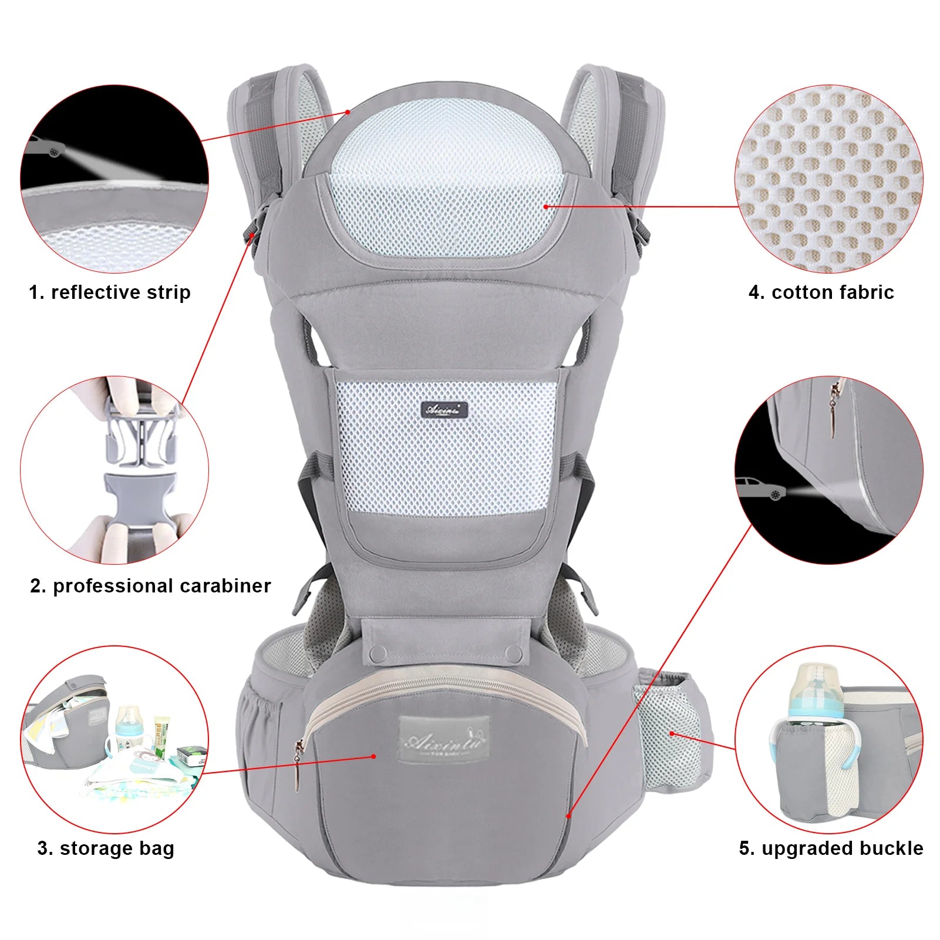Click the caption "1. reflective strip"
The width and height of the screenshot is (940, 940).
tap(110, 292)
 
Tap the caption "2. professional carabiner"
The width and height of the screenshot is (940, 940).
tap(150, 586)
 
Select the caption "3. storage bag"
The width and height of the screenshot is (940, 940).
tap(106, 848)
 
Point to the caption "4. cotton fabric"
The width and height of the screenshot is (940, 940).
tap(821, 292)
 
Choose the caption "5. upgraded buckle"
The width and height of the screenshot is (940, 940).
tap(831, 848)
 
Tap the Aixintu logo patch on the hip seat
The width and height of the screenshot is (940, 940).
tap(444, 740)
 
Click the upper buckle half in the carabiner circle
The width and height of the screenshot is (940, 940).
tap(141, 434)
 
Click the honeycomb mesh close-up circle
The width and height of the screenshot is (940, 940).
tap(828, 178)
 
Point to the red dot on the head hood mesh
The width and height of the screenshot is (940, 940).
tap(545, 207)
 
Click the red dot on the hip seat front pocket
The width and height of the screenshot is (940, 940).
tap(373, 756)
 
